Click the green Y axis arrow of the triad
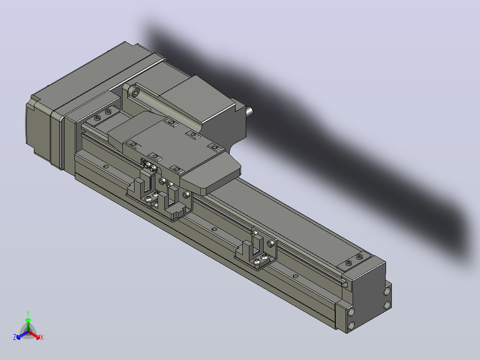(28, 324)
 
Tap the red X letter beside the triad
(42, 337)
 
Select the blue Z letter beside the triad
(14, 337)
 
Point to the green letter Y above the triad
(28, 313)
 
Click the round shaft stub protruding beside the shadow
(249, 111)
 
